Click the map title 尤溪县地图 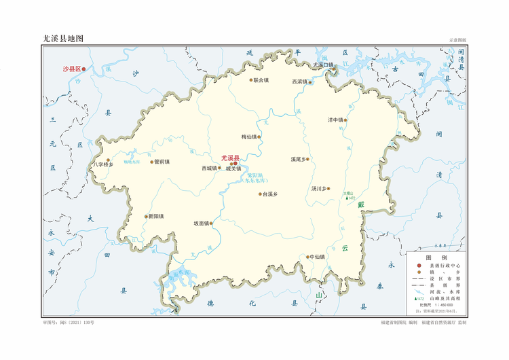(62, 39)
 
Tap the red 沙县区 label (71, 69)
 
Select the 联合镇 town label (261, 80)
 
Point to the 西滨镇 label (299, 82)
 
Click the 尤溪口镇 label (324, 65)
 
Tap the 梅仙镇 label (249, 137)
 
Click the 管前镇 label (162, 162)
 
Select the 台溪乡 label (270, 194)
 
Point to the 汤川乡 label (319, 188)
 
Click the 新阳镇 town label (156, 217)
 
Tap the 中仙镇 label (317, 257)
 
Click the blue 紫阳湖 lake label (256, 175)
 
